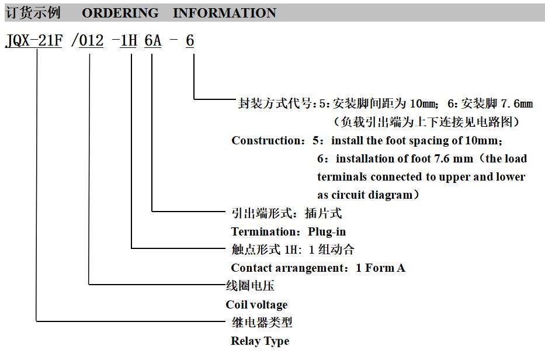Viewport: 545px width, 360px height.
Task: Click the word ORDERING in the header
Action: coord(120,13)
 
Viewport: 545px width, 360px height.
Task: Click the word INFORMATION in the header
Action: coord(224,13)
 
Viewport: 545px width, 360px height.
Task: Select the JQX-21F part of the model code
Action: coord(34,41)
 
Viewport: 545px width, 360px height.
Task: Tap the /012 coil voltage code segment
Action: coord(87,41)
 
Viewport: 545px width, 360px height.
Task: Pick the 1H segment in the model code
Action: coord(129,41)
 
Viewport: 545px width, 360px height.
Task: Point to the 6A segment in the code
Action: coord(153,41)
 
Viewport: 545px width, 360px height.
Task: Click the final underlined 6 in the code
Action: coord(190,41)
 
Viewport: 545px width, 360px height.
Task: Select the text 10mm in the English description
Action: coord(481,140)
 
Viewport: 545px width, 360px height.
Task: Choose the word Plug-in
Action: coord(327,232)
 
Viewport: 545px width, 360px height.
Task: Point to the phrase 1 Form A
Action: coord(380,268)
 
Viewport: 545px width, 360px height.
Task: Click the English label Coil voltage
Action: coord(256,304)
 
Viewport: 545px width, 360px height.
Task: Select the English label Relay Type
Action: coord(260,341)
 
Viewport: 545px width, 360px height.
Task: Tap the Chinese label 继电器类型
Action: coord(262,323)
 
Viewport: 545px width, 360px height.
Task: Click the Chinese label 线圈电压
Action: coord(250,286)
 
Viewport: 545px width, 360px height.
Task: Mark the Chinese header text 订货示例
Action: coord(33,13)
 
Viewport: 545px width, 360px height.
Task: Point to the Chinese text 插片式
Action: coord(323,213)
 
